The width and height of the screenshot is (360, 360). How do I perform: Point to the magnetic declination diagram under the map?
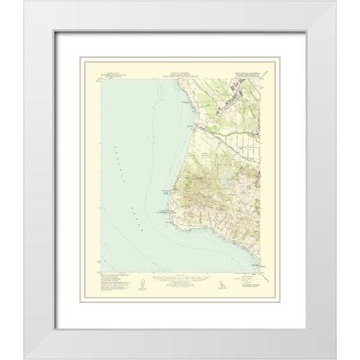142,283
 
